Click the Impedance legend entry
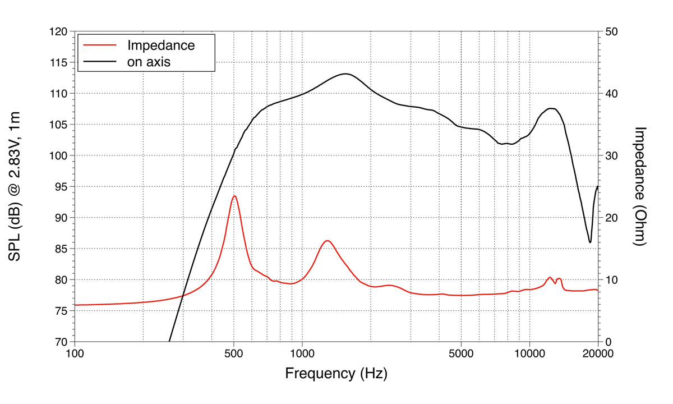161,45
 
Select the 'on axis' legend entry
149,62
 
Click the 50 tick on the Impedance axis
611,31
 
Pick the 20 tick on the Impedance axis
611,218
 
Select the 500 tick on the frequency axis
234,353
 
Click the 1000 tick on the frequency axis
302,353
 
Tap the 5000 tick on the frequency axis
461,353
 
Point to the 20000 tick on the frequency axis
597,353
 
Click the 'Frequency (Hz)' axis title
336,373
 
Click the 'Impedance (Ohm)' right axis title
640,186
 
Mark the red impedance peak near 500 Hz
234,196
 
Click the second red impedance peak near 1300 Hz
328,241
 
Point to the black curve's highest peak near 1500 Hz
345,74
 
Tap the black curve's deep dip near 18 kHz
590,242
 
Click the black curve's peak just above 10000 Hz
552,108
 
